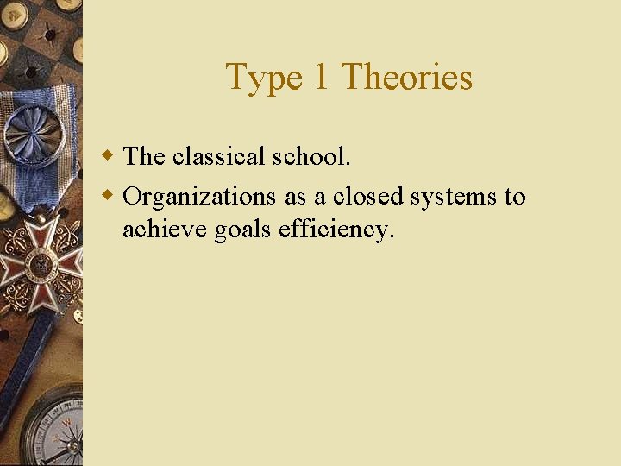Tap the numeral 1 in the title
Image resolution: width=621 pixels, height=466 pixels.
(x=320, y=77)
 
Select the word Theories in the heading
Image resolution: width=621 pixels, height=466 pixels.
(x=407, y=77)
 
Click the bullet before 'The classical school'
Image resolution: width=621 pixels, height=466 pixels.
(x=108, y=156)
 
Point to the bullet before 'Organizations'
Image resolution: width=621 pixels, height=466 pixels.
(x=108, y=196)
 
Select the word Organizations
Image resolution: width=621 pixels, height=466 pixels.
(x=199, y=198)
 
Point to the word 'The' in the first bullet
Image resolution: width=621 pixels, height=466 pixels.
(x=144, y=156)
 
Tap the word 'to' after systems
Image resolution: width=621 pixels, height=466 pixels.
(x=515, y=197)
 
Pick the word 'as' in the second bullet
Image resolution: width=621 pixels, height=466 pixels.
(x=295, y=198)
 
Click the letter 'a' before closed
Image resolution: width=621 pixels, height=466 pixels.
(x=319, y=198)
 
